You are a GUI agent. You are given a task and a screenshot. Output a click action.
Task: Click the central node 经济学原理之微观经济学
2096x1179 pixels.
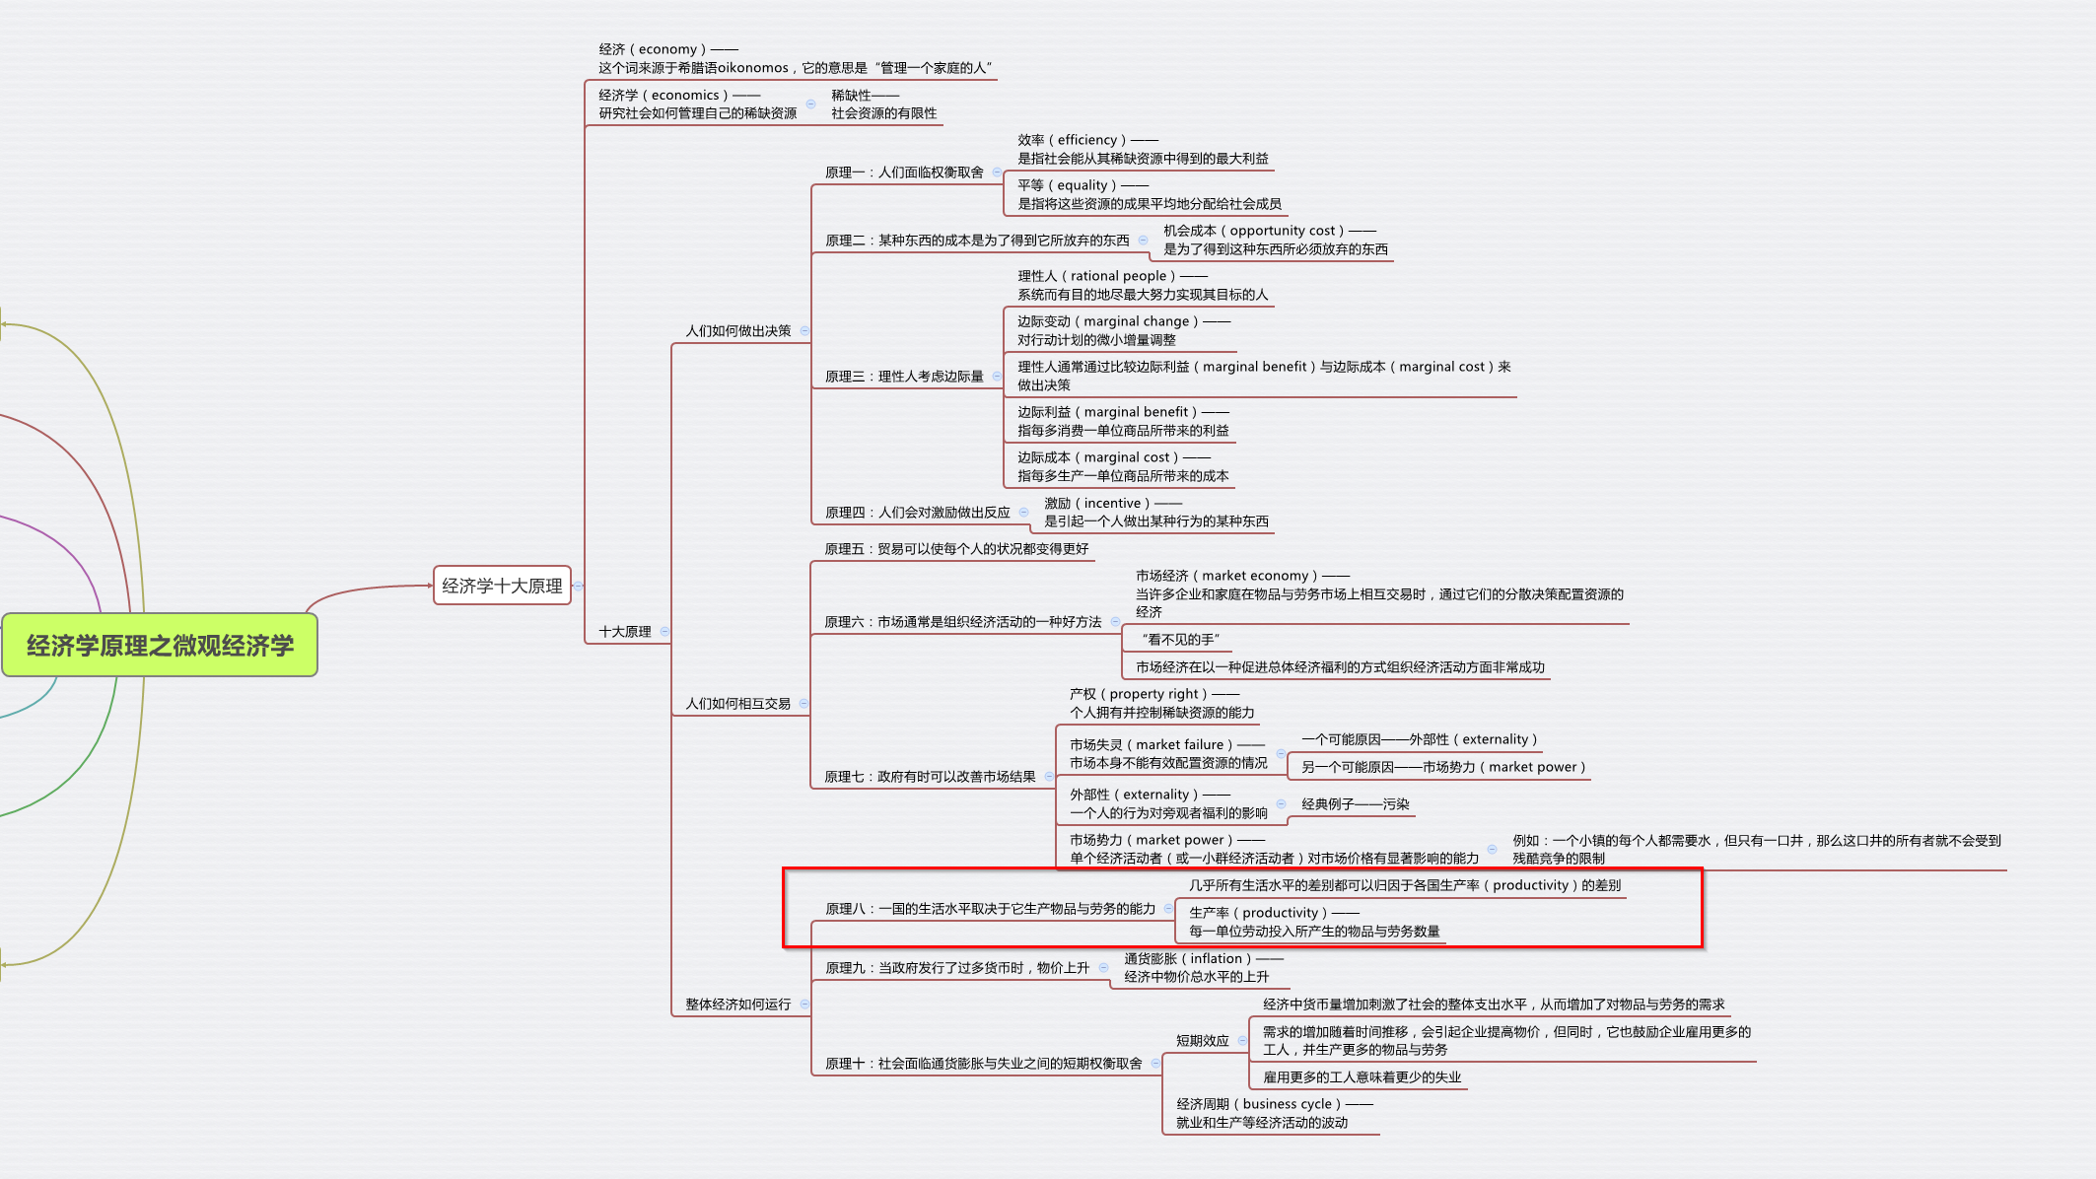click(x=160, y=646)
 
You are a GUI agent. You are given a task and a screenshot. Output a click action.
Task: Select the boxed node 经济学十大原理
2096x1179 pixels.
click(x=502, y=586)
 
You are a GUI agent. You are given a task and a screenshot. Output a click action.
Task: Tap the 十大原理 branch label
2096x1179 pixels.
click(x=625, y=632)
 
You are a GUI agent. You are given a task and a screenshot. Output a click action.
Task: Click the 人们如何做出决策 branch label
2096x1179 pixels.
click(x=738, y=331)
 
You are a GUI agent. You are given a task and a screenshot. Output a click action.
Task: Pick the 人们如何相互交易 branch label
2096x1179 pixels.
click(x=738, y=704)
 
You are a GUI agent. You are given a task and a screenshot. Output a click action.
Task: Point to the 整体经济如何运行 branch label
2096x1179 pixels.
click(x=738, y=1005)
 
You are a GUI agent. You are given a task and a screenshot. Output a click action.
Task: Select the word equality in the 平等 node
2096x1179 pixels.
click(x=1083, y=185)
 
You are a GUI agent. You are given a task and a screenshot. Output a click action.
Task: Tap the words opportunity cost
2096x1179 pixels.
click(x=1282, y=231)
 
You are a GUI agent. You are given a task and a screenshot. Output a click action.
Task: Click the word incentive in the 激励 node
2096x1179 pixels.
click(x=1112, y=504)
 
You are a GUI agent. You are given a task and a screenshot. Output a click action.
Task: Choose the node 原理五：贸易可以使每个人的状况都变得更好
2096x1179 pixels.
click(x=956, y=549)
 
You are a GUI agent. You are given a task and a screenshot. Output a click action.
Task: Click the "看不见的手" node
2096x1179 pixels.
click(x=1180, y=640)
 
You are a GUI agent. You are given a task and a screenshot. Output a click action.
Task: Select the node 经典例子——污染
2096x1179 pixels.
click(x=1356, y=804)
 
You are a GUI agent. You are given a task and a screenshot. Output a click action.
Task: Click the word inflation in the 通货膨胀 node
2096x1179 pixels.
click(x=1216, y=959)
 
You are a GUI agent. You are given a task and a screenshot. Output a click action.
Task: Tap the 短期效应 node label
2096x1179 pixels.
click(x=1203, y=1041)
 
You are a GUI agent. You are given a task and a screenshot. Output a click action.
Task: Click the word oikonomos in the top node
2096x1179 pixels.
click(x=752, y=68)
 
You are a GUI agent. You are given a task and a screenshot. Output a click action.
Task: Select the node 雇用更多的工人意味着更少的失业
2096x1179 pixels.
click(x=1362, y=1077)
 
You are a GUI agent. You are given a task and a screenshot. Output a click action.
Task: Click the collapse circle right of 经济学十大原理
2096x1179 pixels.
click(x=579, y=586)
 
